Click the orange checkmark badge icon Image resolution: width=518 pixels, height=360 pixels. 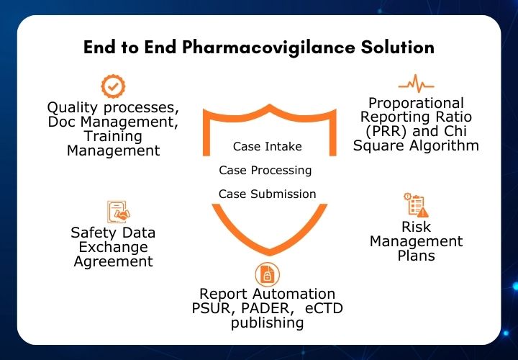click(x=112, y=86)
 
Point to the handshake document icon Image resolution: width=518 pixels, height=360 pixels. click(x=118, y=212)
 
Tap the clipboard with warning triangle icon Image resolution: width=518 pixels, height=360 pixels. click(x=416, y=204)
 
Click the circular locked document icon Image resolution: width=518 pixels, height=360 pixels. click(x=267, y=274)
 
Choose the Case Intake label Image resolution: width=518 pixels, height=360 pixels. click(x=267, y=146)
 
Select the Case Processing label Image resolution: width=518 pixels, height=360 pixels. click(x=265, y=171)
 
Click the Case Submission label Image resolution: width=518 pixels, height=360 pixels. click(x=267, y=194)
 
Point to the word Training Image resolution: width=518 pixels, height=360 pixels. click(x=113, y=136)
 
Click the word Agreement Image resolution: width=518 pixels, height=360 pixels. click(x=113, y=261)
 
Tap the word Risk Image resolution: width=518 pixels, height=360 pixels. click(x=416, y=228)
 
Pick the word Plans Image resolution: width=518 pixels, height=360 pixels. click(x=416, y=256)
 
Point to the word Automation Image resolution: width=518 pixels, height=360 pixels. click(x=291, y=294)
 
